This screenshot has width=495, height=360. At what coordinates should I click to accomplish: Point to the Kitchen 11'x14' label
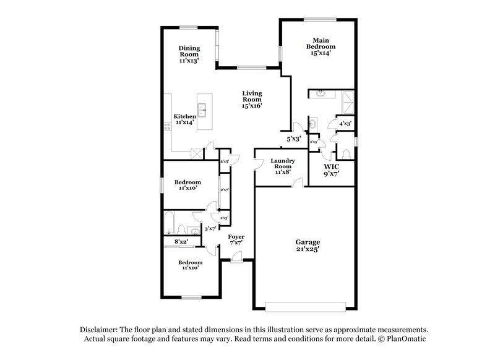pos(185,119)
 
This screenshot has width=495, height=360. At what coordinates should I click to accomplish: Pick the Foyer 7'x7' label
pos(236,240)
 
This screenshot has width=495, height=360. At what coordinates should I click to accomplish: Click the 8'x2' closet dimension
pos(180,241)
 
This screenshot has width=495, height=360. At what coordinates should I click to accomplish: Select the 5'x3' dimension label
pos(293,139)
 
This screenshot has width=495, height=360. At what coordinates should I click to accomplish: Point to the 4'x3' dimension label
pos(345,124)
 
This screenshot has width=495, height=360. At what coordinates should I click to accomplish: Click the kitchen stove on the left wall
pos(168,126)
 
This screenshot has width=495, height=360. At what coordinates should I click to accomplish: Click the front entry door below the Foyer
pos(236,259)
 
